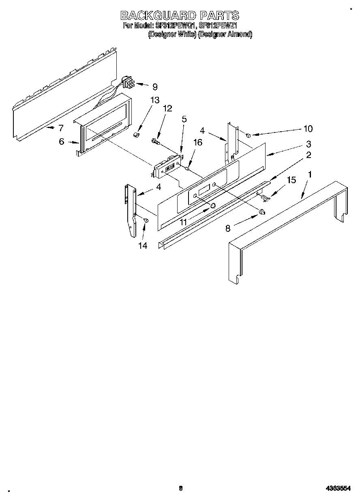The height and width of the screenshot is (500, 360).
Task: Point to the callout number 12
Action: coord(167,108)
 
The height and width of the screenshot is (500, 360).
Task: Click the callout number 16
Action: coord(197,142)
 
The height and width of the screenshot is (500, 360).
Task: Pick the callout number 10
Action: coord(308,128)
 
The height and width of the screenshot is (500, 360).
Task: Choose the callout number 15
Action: coord(291,180)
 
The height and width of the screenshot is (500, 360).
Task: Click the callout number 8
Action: coord(228,229)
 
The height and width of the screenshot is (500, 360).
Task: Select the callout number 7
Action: coord(61,128)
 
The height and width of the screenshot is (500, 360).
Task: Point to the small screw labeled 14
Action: coord(146,220)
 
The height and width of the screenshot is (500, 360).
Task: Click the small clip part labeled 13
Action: coord(137,135)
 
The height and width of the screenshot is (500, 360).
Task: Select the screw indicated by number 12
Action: coord(155,141)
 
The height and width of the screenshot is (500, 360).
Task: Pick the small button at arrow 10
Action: coord(248,135)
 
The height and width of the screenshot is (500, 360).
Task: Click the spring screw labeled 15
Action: coord(264,197)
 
